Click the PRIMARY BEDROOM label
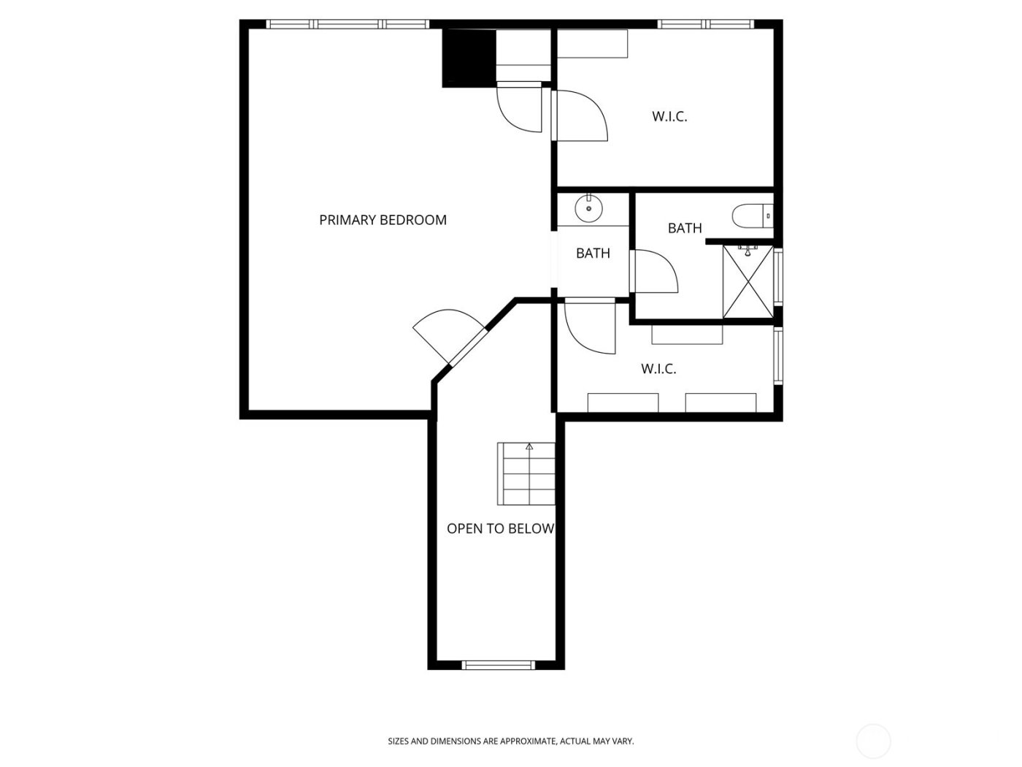pyautogui.click(x=383, y=220)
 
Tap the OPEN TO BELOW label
pyautogui.click(x=500, y=529)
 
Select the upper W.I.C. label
pyautogui.click(x=669, y=116)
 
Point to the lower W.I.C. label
pyautogui.click(x=658, y=369)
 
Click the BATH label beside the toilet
pyautogui.click(x=685, y=228)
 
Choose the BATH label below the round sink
pyautogui.click(x=593, y=253)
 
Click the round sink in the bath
pyautogui.click(x=588, y=209)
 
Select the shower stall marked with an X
pyautogui.click(x=748, y=282)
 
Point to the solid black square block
pyautogui.click(x=469, y=58)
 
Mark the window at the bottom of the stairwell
pyautogui.click(x=499, y=665)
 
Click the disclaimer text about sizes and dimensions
pyautogui.click(x=510, y=741)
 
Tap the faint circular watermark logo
pyautogui.click(x=873, y=741)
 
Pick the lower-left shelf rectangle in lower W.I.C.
pyautogui.click(x=623, y=402)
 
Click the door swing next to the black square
pyautogui.click(x=519, y=108)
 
